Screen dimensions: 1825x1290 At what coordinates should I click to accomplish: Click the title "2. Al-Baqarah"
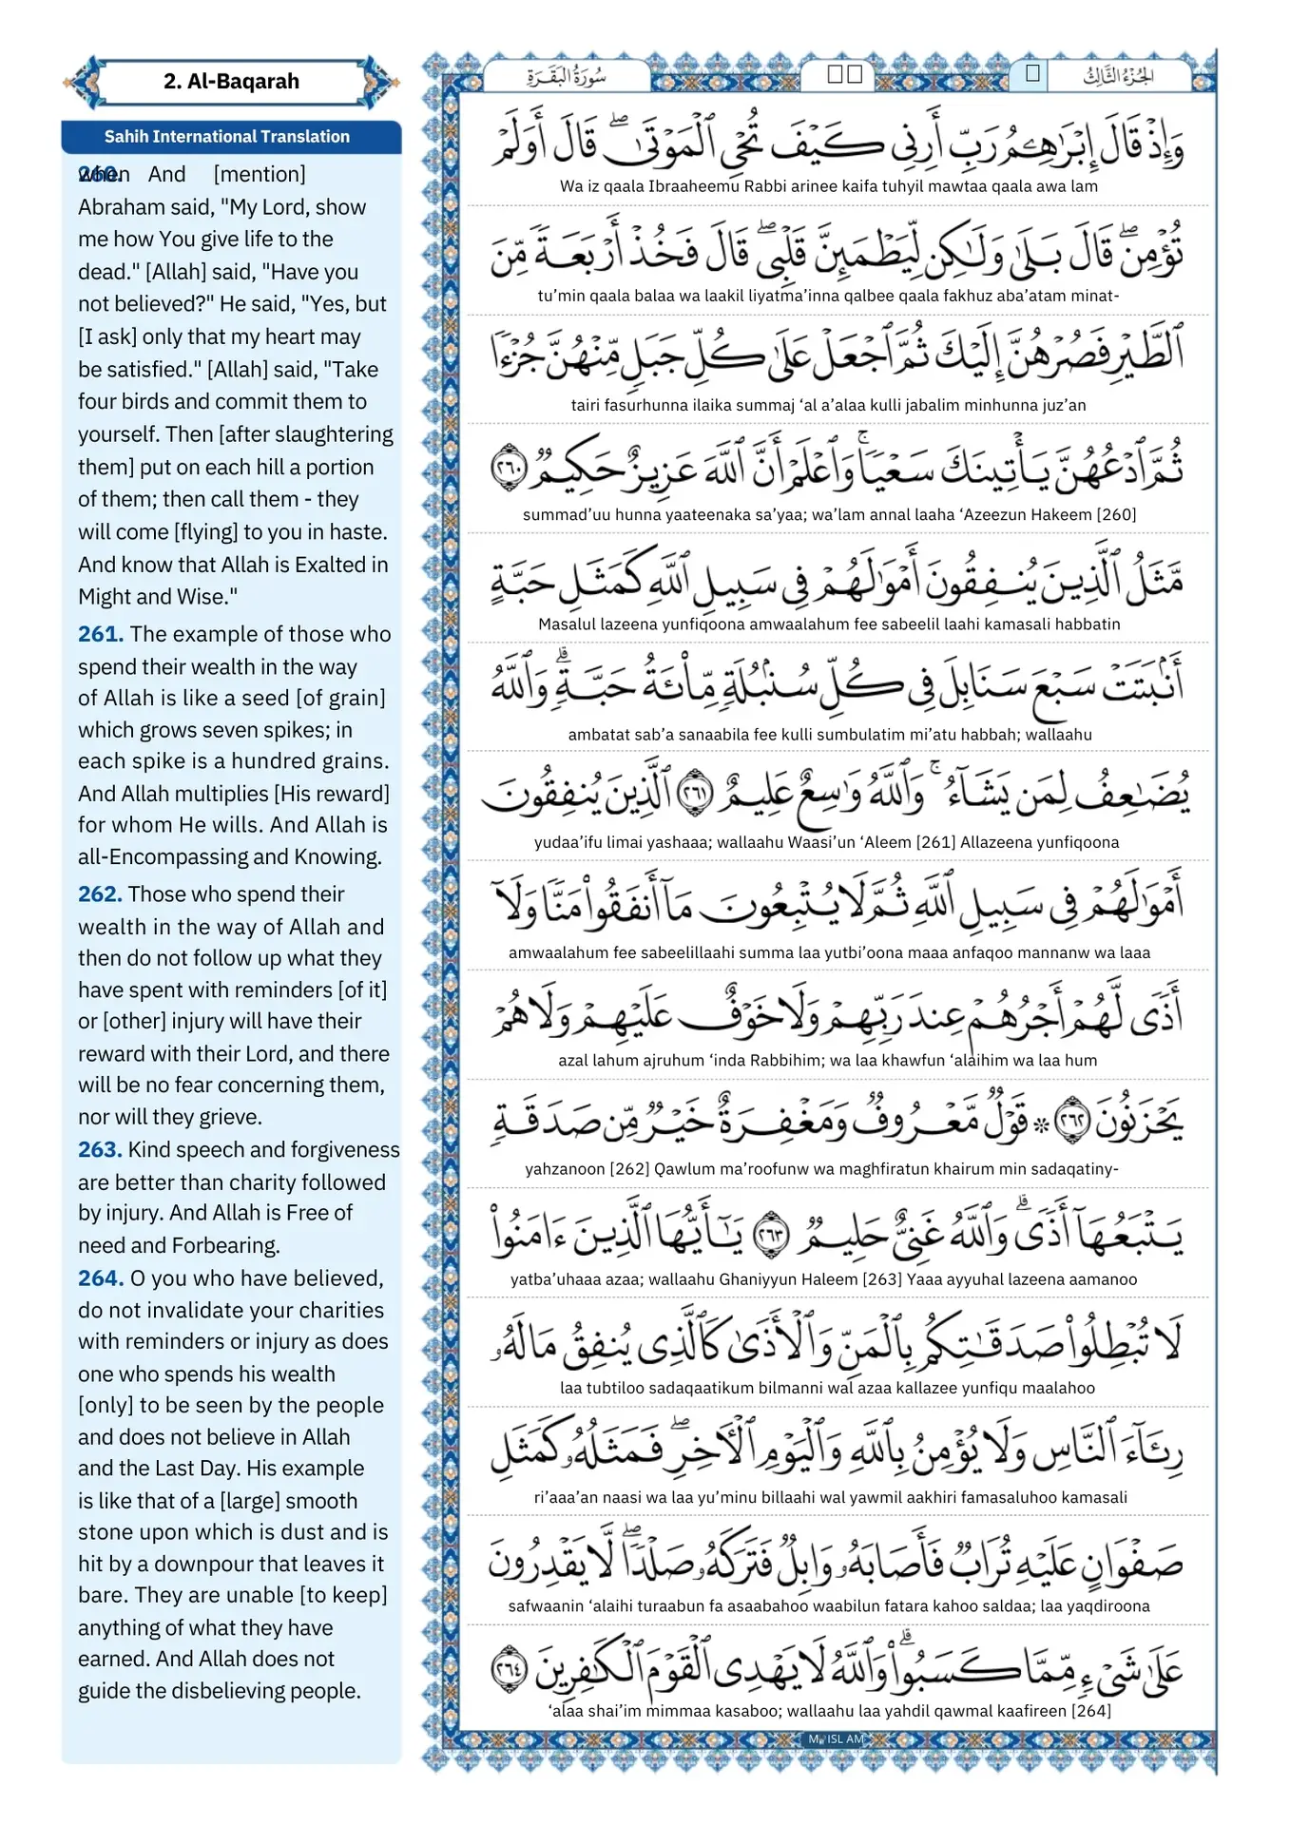[x=231, y=82]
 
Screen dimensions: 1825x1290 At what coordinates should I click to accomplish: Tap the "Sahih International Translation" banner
[x=227, y=137]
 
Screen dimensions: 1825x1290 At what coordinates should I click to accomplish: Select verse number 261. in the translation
[x=101, y=634]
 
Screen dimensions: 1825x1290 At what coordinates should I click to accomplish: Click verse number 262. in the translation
[x=100, y=894]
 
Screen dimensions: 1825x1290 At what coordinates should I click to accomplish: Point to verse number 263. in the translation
[x=100, y=1150]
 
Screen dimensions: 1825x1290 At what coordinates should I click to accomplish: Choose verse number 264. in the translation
[x=101, y=1278]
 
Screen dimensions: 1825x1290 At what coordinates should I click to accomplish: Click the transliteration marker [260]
[x=1116, y=515]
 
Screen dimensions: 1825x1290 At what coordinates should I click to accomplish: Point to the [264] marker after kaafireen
[x=1090, y=1711]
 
